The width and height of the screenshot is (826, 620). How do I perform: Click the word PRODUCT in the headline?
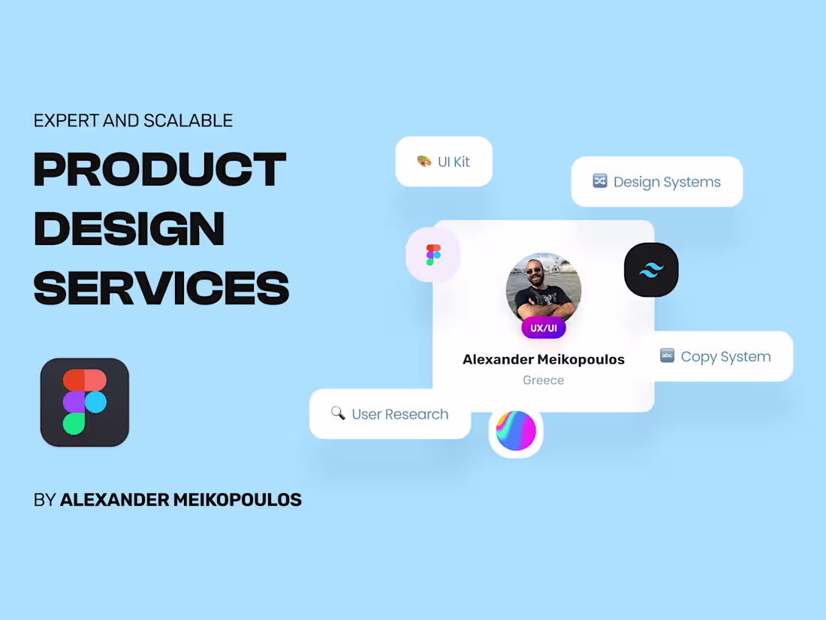click(x=159, y=169)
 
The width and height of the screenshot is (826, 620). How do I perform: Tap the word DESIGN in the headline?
click(x=129, y=228)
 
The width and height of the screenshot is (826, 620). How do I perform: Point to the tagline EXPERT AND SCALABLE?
click(x=133, y=120)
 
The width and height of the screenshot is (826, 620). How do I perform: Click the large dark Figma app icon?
click(x=85, y=402)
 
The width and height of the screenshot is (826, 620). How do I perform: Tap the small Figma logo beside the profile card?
click(x=433, y=255)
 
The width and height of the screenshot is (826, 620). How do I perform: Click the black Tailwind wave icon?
click(x=651, y=270)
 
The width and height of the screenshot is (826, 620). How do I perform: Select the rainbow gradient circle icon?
click(x=516, y=431)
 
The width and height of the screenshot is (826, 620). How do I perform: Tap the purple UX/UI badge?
click(x=544, y=328)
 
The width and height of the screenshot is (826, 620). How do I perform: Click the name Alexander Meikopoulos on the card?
click(x=544, y=359)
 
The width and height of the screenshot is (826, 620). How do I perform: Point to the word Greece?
click(x=544, y=380)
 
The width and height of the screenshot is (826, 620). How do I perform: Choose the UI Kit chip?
click(x=444, y=162)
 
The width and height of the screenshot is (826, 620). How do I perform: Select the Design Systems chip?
click(x=657, y=182)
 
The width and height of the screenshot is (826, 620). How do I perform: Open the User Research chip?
click(x=390, y=414)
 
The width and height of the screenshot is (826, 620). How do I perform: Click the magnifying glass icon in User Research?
click(x=338, y=413)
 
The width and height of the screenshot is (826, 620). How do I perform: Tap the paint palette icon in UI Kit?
click(x=424, y=162)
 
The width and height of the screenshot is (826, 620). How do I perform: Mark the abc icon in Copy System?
click(x=667, y=355)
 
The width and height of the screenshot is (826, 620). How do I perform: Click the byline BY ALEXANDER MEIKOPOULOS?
click(x=167, y=500)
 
